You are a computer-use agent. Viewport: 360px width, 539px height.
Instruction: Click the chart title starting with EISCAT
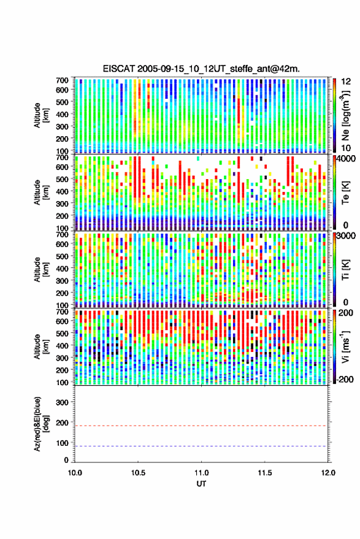(x=201, y=69)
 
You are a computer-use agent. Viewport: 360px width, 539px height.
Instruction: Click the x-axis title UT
(x=201, y=484)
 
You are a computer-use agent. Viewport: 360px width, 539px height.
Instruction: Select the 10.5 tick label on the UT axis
(x=138, y=473)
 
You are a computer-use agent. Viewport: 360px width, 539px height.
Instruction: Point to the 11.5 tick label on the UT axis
(x=264, y=473)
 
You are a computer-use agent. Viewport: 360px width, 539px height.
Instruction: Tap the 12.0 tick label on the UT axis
(x=327, y=473)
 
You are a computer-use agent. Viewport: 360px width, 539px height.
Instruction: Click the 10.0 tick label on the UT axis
(x=75, y=473)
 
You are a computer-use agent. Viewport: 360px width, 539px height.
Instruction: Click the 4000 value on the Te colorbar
(x=345, y=159)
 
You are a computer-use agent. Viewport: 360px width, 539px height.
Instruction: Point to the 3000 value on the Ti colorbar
(x=345, y=236)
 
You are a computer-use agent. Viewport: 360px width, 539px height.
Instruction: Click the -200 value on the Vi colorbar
(x=345, y=379)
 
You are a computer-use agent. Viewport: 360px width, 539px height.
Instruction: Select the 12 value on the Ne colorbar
(x=346, y=82)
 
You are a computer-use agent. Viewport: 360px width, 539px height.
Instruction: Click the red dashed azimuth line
(x=201, y=426)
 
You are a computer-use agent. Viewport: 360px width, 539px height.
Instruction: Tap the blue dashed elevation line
(x=201, y=446)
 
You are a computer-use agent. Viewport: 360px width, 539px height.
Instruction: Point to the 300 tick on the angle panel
(x=62, y=402)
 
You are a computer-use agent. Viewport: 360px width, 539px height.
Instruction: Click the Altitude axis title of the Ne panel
(x=41, y=115)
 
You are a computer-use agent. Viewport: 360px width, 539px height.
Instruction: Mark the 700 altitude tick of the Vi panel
(x=62, y=312)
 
